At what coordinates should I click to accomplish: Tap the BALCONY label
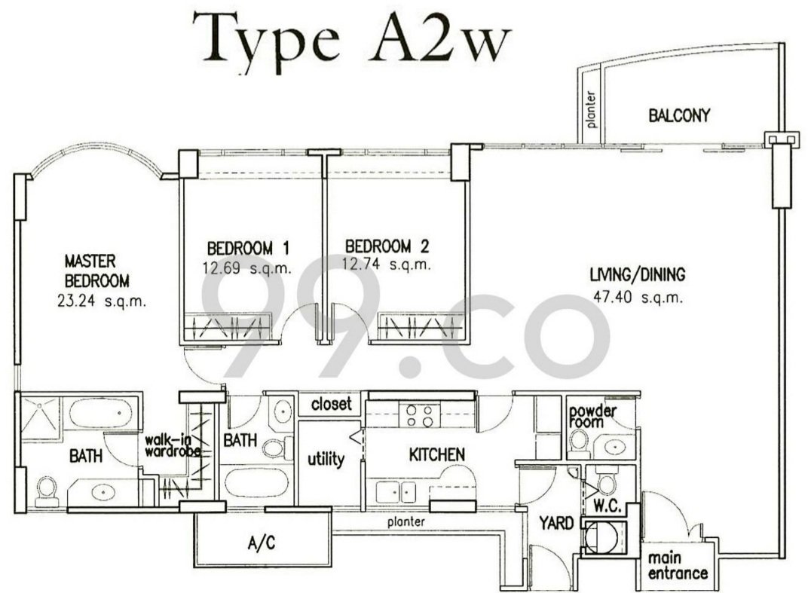click(679, 115)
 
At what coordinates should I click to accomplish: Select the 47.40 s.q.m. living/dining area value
click(638, 298)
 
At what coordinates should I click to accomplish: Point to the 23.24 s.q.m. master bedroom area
click(102, 301)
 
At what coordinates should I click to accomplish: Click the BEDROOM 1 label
click(248, 248)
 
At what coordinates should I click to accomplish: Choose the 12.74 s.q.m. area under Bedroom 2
click(387, 264)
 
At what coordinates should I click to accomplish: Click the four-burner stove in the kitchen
click(420, 416)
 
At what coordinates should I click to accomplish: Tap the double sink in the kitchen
click(396, 492)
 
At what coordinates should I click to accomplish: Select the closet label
click(332, 404)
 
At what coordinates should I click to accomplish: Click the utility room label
click(326, 459)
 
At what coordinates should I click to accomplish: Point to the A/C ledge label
click(262, 543)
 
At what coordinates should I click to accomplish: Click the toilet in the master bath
click(47, 491)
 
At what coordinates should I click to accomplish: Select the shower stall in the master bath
click(40, 417)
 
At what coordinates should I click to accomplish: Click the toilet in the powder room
click(578, 444)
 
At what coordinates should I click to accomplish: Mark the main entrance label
click(678, 566)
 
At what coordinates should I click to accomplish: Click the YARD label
click(556, 523)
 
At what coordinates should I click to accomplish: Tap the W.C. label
click(607, 506)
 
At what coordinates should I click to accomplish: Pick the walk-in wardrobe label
click(173, 445)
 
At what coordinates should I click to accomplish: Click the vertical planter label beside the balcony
click(591, 109)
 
